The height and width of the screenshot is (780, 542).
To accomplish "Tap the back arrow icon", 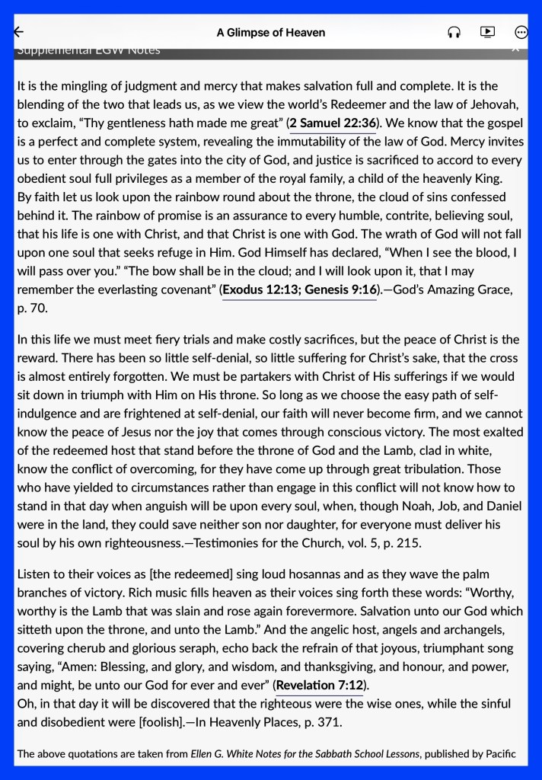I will pyautogui.click(x=19, y=32).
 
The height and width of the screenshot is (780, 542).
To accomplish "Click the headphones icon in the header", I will pyautogui.click(x=454, y=32).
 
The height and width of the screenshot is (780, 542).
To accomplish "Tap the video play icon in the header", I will pyautogui.click(x=487, y=32).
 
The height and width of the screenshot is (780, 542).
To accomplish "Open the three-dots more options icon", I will pyautogui.click(x=521, y=32).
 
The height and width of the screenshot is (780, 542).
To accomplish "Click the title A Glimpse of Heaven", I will pyautogui.click(x=271, y=32).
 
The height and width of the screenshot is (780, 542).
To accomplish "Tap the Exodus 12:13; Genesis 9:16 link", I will pyautogui.click(x=300, y=290).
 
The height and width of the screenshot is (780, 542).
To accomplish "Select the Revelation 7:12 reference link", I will pyautogui.click(x=320, y=685).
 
